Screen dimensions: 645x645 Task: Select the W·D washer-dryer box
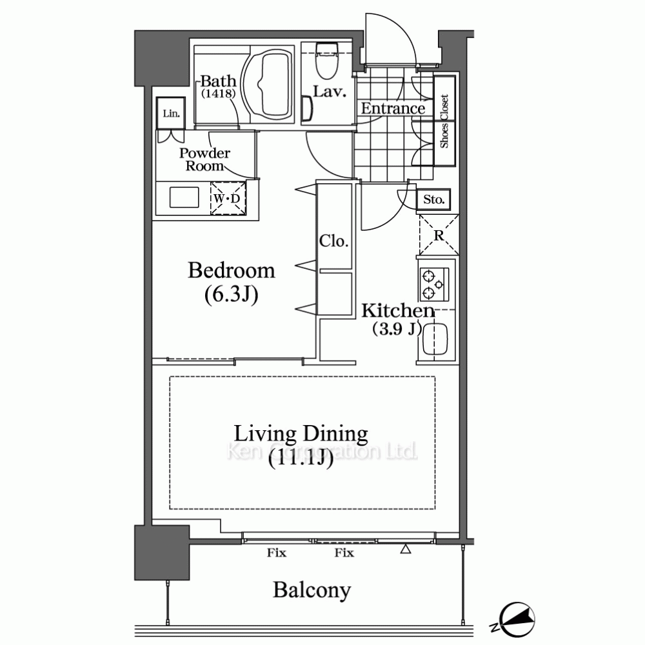(x=228, y=198)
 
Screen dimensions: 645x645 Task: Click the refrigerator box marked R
(x=439, y=235)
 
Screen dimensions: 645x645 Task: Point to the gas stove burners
(x=433, y=284)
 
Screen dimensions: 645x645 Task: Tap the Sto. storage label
(x=434, y=199)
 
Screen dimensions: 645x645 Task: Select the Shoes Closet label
(x=444, y=121)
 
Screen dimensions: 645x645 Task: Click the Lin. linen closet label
(x=171, y=113)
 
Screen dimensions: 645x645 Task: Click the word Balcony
(x=312, y=590)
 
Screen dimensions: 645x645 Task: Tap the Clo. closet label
(x=333, y=241)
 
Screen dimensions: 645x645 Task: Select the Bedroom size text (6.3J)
(x=231, y=295)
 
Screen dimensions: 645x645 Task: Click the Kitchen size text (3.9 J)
(x=397, y=329)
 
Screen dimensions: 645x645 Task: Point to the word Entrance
(x=393, y=108)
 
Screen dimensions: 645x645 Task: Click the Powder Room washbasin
(x=184, y=197)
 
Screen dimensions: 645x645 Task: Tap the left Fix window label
(x=277, y=553)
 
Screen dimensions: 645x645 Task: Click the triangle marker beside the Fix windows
(x=406, y=549)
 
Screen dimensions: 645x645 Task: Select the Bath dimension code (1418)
(x=219, y=94)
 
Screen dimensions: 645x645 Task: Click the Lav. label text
(x=329, y=92)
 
